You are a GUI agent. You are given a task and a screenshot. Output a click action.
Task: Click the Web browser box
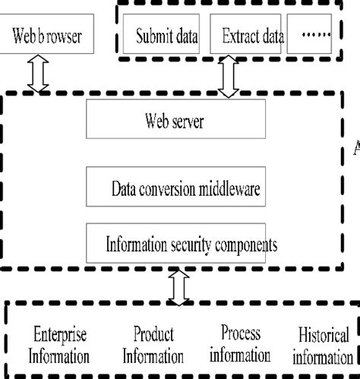[x=46, y=36]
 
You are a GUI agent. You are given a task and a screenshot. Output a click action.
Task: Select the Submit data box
[x=166, y=36]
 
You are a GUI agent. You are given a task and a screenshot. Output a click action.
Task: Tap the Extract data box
[x=253, y=36]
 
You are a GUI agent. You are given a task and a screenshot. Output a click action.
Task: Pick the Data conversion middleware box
[x=185, y=189]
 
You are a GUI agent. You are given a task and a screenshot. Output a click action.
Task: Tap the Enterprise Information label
[x=61, y=345]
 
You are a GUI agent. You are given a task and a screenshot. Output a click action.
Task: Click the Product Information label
[x=153, y=345]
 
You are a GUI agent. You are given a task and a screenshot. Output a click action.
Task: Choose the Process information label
[x=241, y=343]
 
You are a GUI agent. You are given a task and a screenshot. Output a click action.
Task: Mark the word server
[x=188, y=121]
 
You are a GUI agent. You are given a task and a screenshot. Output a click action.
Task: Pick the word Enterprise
[x=61, y=334]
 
